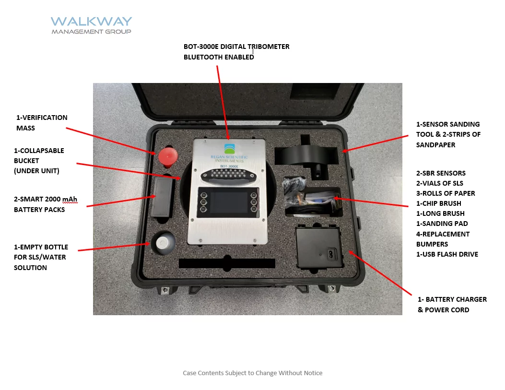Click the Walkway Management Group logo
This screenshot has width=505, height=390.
(x=91, y=25)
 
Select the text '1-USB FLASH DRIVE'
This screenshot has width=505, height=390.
(x=447, y=254)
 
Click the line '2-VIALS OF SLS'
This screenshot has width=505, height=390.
(x=439, y=183)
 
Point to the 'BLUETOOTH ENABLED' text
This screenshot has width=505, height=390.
(x=219, y=57)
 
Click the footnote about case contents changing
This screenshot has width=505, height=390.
(x=252, y=373)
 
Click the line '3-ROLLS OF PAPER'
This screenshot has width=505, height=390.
(x=446, y=193)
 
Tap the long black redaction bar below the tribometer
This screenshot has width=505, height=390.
(x=227, y=263)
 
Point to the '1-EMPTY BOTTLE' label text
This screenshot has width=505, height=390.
(x=41, y=247)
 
